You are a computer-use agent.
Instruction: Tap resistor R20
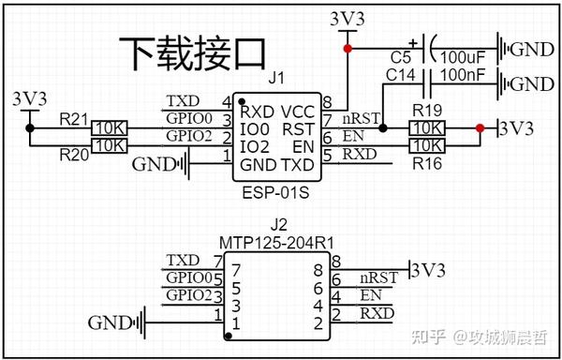tap(110, 145)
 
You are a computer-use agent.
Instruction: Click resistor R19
tap(427, 127)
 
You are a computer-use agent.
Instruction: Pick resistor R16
tap(427, 145)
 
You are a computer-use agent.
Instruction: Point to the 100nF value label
tap(467, 73)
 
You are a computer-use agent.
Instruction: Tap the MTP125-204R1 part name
tap(278, 242)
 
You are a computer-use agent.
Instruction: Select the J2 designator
tap(278, 225)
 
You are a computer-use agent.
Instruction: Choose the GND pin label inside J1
tap(258, 165)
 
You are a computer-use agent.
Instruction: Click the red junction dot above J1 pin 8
tap(348, 48)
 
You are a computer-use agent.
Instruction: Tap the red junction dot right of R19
tap(480, 127)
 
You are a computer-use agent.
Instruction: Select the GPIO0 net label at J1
tap(185, 119)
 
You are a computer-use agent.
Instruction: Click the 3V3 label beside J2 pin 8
tap(429, 270)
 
